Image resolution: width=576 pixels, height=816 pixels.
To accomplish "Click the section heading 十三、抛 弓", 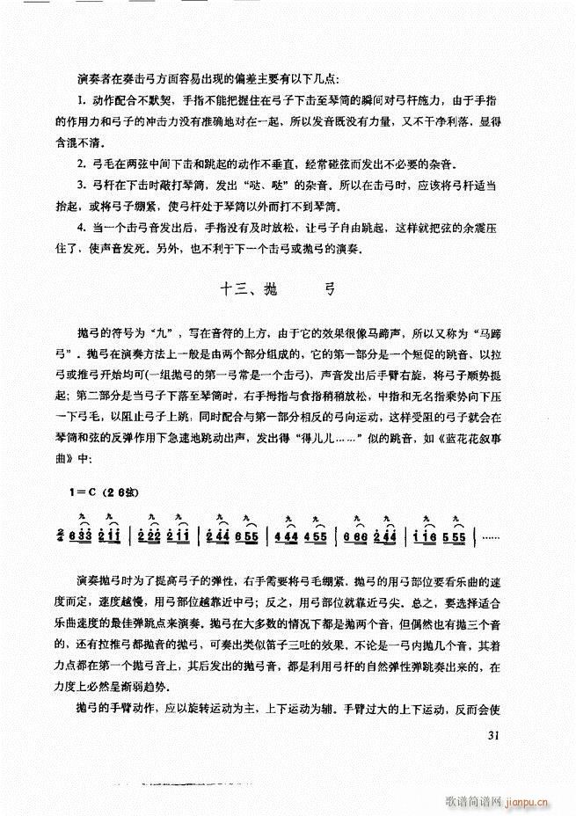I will pos(275,289).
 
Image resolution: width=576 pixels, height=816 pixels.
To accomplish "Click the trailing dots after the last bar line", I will pos(492,535).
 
